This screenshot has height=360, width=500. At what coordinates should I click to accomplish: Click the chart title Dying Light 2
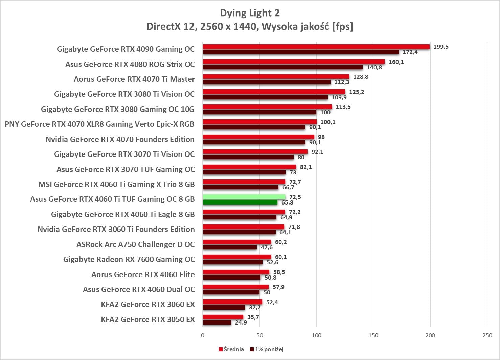(250, 13)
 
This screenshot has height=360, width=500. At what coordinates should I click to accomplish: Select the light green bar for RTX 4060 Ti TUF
(244, 197)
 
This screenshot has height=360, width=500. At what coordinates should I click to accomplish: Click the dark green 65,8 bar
(240, 202)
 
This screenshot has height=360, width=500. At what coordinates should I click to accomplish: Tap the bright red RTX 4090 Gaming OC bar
(316, 47)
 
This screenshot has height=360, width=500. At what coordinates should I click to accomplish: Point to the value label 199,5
(441, 47)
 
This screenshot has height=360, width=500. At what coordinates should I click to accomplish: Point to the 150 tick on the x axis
(373, 335)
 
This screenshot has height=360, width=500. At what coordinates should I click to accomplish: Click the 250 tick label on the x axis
(487, 335)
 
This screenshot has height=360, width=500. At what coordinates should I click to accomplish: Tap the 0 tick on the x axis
(203, 335)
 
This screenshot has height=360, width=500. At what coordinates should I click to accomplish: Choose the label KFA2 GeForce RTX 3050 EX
(148, 319)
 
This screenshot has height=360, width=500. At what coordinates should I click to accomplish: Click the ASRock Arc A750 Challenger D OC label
(136, 244)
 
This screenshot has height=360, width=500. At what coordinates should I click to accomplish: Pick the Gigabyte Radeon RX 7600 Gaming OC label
(129, 259)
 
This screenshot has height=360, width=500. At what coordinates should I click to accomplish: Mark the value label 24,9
(241, 322)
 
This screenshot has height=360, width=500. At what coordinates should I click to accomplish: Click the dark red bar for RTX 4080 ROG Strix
(283, 67)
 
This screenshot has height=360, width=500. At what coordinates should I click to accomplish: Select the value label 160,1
(396, 62)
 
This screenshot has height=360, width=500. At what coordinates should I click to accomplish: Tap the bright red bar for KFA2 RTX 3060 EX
(232, 302)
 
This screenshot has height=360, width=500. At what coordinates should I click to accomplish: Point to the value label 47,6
(267, 247)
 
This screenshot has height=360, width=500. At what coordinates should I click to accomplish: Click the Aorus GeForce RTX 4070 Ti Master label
(134, 79)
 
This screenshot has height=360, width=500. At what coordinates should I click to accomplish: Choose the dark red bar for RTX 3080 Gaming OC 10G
(259, 112)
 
